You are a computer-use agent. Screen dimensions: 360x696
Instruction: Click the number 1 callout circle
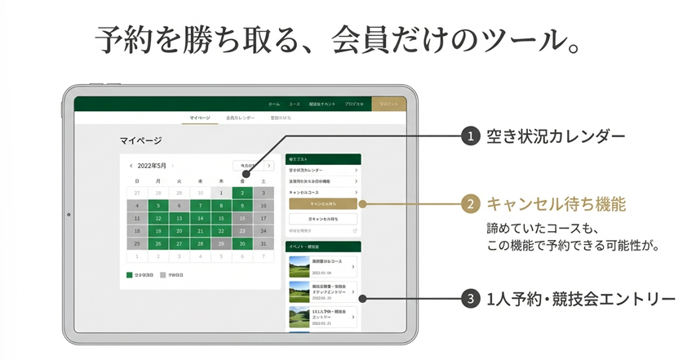click(468, 136)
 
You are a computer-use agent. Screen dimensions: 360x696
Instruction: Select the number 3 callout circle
click(468, 299)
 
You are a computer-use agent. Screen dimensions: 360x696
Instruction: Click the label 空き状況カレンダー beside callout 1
click(555, 136)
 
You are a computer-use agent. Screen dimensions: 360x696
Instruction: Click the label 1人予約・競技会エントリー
click(580, 299)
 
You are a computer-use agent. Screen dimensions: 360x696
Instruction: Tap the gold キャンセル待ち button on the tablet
click(323, 204)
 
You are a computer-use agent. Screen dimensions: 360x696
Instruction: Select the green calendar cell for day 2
click(242, 193)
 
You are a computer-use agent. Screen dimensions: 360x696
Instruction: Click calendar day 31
click(263, 244)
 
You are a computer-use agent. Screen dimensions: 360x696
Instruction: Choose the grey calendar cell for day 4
click(136, 206)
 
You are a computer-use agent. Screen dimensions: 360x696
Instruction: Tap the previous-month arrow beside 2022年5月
click(131, 166)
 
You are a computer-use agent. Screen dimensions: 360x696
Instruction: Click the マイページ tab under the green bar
click(200, 118)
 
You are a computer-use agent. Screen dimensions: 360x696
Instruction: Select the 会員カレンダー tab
click(241, 118)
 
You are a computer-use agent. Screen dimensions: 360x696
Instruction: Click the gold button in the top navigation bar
click(388, 104)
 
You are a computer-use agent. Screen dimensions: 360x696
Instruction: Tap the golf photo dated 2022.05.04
click(299, 267)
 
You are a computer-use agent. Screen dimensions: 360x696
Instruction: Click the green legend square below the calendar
click(129, 275)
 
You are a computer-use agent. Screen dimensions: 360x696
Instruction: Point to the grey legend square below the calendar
click(162, 275)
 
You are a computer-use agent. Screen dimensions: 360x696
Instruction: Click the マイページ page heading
click(140, 140)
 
